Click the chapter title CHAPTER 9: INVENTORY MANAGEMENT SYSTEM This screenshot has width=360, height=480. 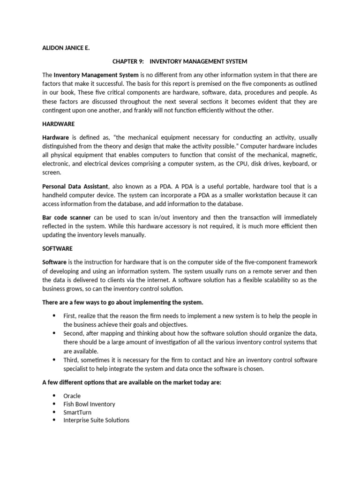click(x=180, y=61)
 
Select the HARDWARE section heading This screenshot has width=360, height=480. click(x=58, y=124)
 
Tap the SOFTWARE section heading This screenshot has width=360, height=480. click(x=57, y=248)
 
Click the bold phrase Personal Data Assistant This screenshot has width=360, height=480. click(x=75, y=187)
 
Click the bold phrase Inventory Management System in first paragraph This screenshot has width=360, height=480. click(x=96, y=75)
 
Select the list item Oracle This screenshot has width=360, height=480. click(x=72, y=396)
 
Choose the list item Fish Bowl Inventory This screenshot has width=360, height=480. click(x=89, y=404)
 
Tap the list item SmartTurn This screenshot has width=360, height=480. click(x=77, y=412)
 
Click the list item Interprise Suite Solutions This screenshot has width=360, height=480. click(x=96, y=420)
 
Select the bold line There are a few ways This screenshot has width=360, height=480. click(x=123, y=302)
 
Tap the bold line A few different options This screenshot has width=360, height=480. click(x=132, y=382)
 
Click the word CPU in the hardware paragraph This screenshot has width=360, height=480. click(x=229, y=164)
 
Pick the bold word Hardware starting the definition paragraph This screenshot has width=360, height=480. click(x=55, y=137)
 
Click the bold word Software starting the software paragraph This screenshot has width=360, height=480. click(x=54, y=262)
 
